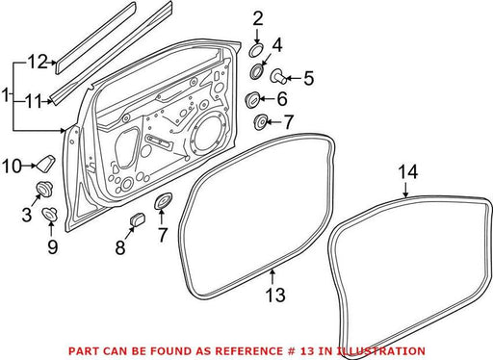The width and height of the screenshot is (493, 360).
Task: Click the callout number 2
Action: coord(257,19)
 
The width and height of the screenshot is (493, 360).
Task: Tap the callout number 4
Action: coord(276,45)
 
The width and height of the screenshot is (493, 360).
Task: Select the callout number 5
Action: coord(308,78)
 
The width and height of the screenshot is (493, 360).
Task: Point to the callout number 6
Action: coord(282,99)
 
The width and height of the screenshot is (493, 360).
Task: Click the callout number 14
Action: coord(408,171)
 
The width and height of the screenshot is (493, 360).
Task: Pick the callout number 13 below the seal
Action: coord(275,295)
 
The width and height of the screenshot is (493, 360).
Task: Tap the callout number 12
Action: coord(38,62)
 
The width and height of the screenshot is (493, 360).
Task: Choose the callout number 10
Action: coord(13,167)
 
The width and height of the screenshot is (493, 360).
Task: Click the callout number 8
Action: coord(120,247)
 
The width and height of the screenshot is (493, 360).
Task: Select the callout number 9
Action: coord(52,246)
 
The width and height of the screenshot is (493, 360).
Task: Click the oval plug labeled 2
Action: coord(256,51)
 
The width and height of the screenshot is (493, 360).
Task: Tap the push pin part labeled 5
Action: coord(278,77)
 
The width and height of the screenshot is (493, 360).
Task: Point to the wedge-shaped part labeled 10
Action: coord(45,163)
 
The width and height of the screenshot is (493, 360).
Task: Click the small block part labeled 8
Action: coord(138,219)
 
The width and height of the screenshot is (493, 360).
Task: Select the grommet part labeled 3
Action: coord(44,189)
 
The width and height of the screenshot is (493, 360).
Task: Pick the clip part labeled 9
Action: coord(50,213)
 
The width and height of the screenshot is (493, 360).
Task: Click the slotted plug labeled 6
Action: coord(252,99)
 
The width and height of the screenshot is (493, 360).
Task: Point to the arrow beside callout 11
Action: coord(47,102)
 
